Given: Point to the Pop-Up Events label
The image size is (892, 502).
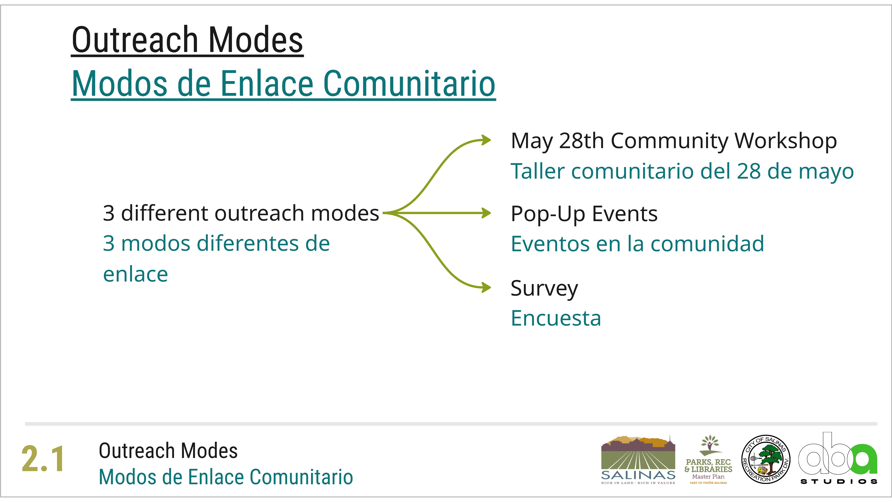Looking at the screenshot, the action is click(x=584, y=214).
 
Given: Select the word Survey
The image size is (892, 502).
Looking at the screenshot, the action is click(x=544, y=288).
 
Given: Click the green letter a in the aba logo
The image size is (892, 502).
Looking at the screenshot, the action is click(x=865, y=459).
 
